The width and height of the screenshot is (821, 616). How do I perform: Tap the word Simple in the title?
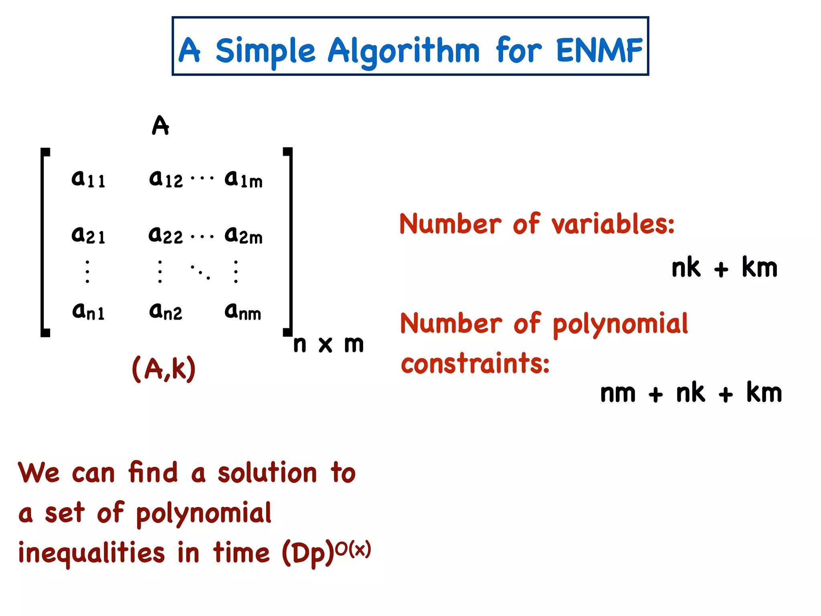coord(265,51)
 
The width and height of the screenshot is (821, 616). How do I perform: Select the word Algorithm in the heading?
coord(403,51)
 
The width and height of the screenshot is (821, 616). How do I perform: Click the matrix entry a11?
coord(88,179)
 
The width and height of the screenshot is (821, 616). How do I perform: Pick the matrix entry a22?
coord(165,235)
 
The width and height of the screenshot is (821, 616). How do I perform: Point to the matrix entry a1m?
coord(243,179)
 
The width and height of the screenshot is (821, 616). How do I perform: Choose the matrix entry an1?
coord(88,311)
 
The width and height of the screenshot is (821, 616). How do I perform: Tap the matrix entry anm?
coord(243,311)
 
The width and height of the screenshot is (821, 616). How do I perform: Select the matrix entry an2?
coord(165,311)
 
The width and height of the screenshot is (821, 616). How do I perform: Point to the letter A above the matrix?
coord(160,126)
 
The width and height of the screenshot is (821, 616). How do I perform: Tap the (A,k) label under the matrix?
coord(164,368)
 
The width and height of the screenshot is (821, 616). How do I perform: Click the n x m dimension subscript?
coord(328,344)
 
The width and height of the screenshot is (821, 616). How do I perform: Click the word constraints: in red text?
coord(475,363)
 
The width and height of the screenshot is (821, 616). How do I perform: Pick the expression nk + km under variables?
coord(724,267)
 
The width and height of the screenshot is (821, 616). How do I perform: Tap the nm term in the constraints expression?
coord(618,393)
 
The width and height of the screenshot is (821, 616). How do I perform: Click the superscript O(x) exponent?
coord(353,549)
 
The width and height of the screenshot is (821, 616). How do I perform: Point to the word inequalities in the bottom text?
coord(91,553)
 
